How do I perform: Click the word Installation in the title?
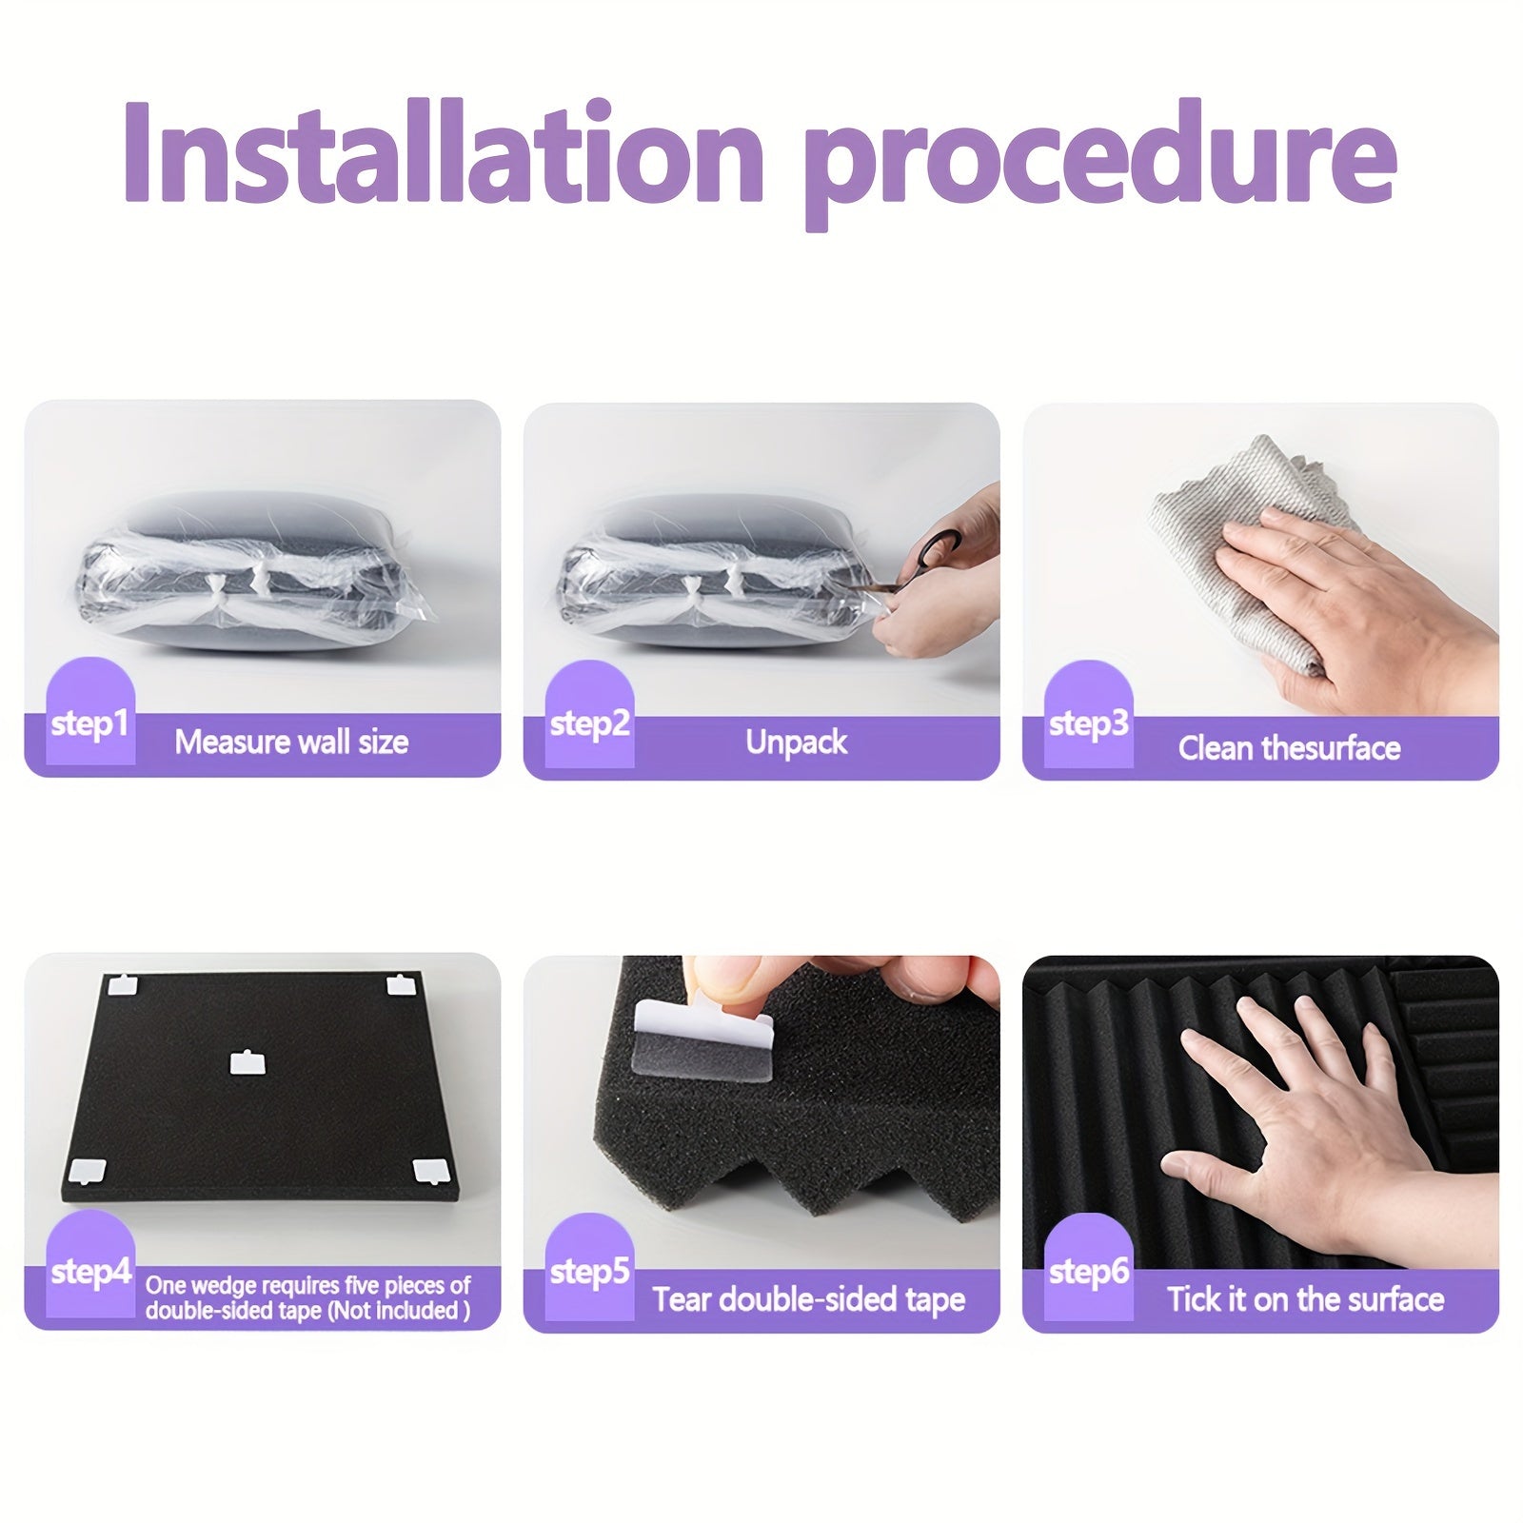pyautogui.click(x=444, y=153)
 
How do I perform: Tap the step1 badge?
pyautogui.click(x=90, y=711)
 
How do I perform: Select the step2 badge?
pyautogui.click(x=589, y=713)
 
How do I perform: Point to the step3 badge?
pyautogui.click(x=1088, y=713)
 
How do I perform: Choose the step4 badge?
pyautogui.click(x=90, y=1263)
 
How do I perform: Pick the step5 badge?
pyautogui.click(x=589, y=1266)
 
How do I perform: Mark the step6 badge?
pyautogui.click(x=1088, y=1266)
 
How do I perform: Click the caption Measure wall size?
pyautogui.click(x=291, y=742)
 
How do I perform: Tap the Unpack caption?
pyautogui.click(x=796, y=742)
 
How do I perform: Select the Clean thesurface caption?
pyautogui.click(x=1289, y=748)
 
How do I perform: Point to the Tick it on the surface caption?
pyautogui.click(x=1306, y=1299)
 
